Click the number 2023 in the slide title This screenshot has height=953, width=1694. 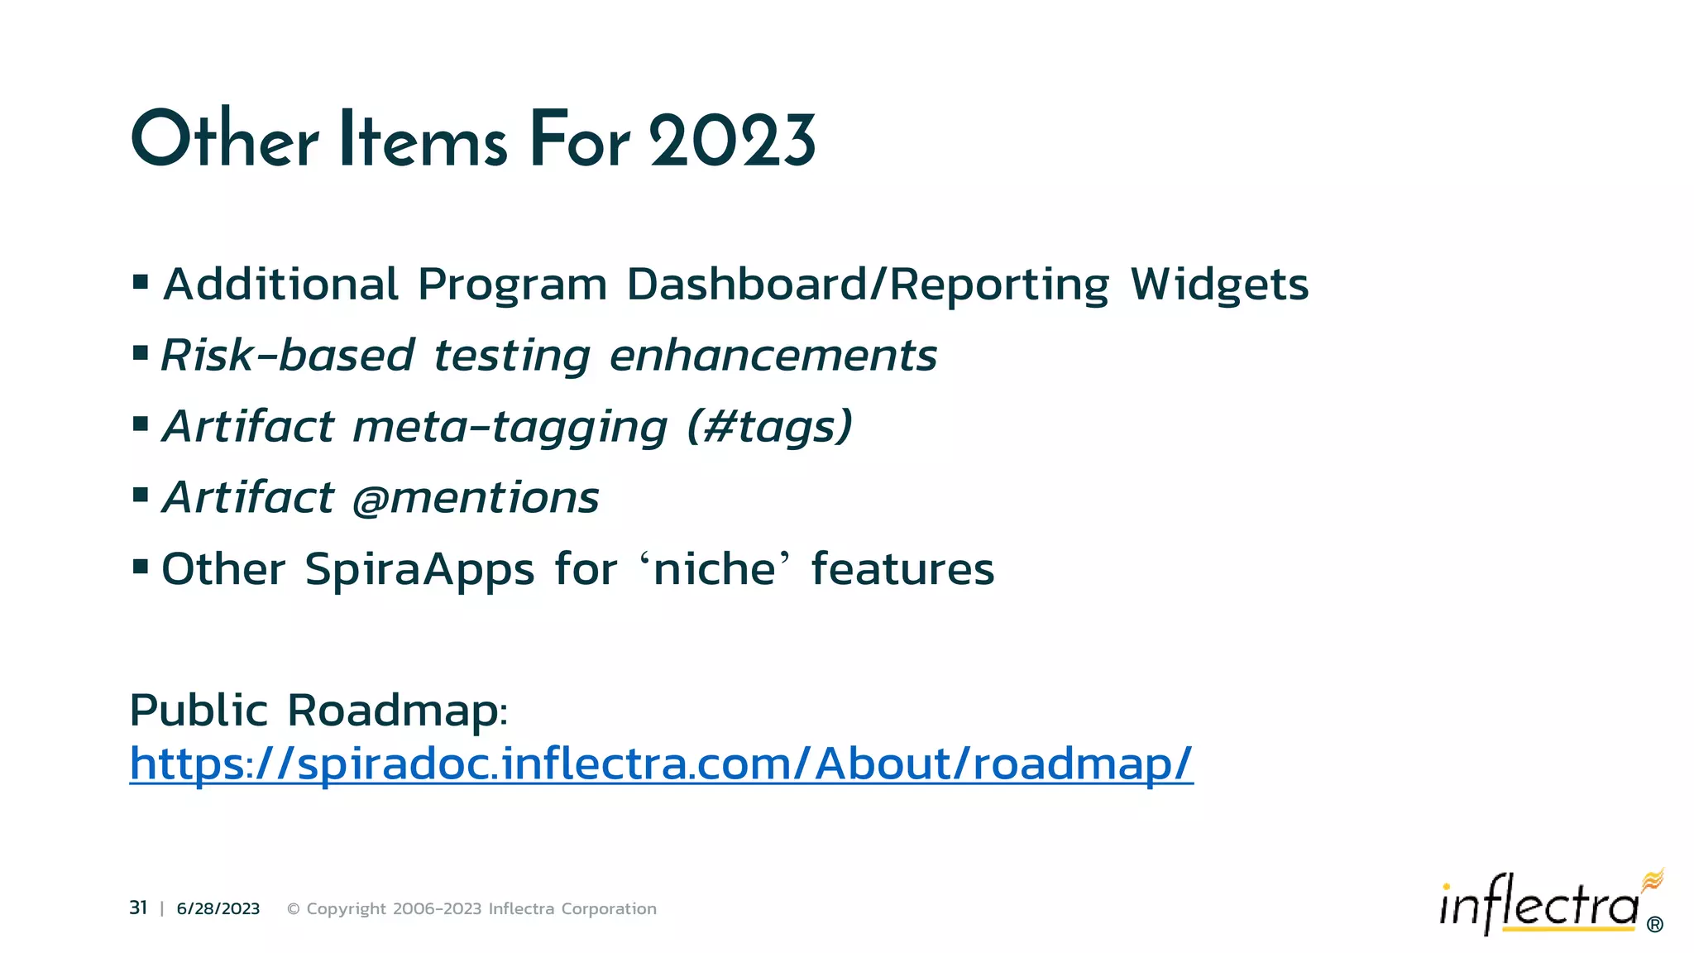732,141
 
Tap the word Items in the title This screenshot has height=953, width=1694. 422,141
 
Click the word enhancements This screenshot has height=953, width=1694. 773,356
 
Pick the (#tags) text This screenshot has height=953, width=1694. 769,428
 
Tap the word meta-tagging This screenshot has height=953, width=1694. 510,428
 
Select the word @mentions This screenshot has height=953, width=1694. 476,498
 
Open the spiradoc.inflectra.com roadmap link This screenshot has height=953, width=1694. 661,763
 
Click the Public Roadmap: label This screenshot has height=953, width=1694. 318,711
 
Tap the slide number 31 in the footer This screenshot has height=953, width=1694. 138,908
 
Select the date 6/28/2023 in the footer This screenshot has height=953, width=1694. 218,909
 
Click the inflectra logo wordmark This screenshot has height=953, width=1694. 1538,906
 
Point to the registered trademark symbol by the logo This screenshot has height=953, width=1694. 1655,925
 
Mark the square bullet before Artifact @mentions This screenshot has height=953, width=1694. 141,495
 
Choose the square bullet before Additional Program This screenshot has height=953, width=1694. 141,282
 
